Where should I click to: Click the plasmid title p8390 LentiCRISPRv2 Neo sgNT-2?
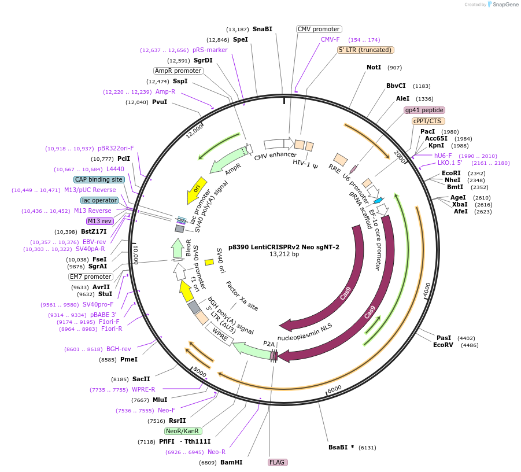tap(284, 246)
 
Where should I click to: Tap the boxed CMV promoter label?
tap(319, 29)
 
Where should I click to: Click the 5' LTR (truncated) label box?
tap(365, 50)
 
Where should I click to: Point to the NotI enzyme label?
tap(374, 68)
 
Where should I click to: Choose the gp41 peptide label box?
tap(424, 110)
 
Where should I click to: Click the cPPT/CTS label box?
tap(427, 121)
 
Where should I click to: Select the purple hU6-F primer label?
tap(443, 156)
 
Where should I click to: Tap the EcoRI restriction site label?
tap(451, 173)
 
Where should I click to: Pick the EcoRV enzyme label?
tap(443, 345)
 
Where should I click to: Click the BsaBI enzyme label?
tap(341, 447)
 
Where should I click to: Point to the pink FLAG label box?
tap(278, 462)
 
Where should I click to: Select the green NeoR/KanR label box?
tap(183, 431)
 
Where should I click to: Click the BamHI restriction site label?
tap(231, 462)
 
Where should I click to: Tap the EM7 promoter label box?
tap(91, 276)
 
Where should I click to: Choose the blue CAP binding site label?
tap(99, 179)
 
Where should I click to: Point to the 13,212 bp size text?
tap(284, 254)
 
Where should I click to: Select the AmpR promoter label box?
tap(178, 71)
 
